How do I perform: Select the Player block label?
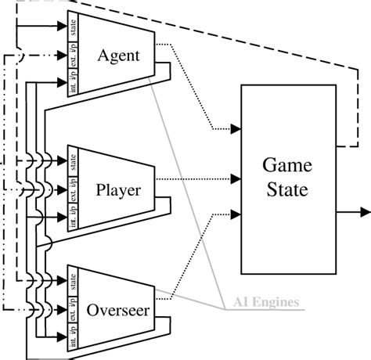[x=117, y=189]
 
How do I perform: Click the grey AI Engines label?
[x=266, y=303]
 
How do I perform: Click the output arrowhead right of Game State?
[x=366, y=211]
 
